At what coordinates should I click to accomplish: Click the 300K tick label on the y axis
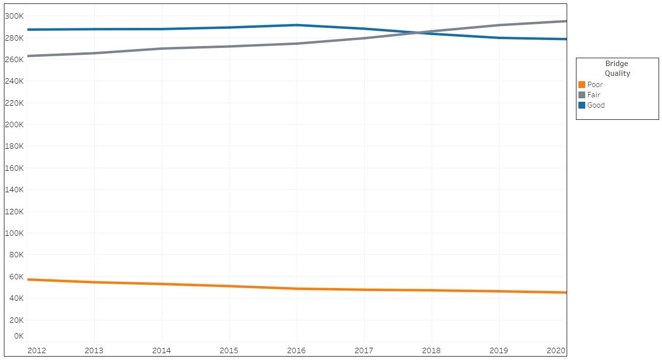[x=14, y=16]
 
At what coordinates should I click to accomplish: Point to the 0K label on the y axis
[x=19, y=336]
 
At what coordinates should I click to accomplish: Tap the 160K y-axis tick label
[x=14, y=168]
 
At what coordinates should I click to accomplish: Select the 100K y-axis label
[x=14, y=233]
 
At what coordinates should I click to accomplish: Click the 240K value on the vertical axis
[x=14, y=81]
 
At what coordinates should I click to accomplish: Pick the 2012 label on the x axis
[x=37, y=351]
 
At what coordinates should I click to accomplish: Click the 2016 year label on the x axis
[x=296, y=351]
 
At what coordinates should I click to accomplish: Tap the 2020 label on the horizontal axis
[x=556, y=351]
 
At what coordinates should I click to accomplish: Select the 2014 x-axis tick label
[x=161, y=351]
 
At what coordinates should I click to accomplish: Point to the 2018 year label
[x=431, y=351]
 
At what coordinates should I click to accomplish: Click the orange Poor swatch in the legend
[x=582, y=85]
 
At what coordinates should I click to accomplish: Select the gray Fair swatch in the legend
[x=582, y=95]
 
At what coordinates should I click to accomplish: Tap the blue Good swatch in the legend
[x=582, y=105]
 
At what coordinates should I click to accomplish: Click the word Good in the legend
[x=596, y=105]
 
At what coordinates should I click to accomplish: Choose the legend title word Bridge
[x=617, y=64]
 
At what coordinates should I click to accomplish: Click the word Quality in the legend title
[x=618, y=73]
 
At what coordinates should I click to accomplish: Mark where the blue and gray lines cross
[x=418, y=32]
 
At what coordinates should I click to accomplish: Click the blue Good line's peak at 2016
[x=297, y=25]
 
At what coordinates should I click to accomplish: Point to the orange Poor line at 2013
[x=94, y=282]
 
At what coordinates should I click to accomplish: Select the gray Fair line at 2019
[x=499, y=25]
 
